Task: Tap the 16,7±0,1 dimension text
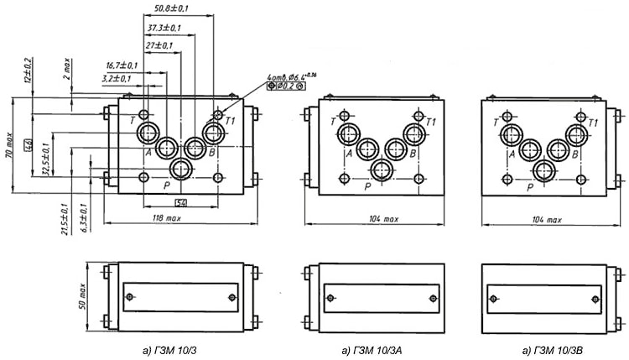(122, 65)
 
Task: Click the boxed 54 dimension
(180, 202)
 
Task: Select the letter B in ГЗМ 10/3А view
(413, 153)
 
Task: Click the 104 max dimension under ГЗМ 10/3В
(548, 218)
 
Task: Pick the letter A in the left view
(147, 153)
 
